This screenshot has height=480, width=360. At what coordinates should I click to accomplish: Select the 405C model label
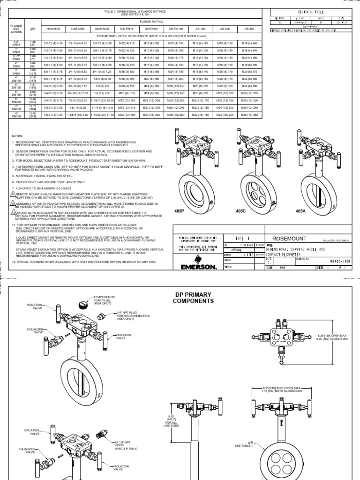(240, 212)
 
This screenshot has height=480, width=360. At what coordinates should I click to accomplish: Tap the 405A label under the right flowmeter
(301, 212)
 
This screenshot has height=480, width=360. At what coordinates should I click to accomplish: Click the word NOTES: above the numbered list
(17, 135)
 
